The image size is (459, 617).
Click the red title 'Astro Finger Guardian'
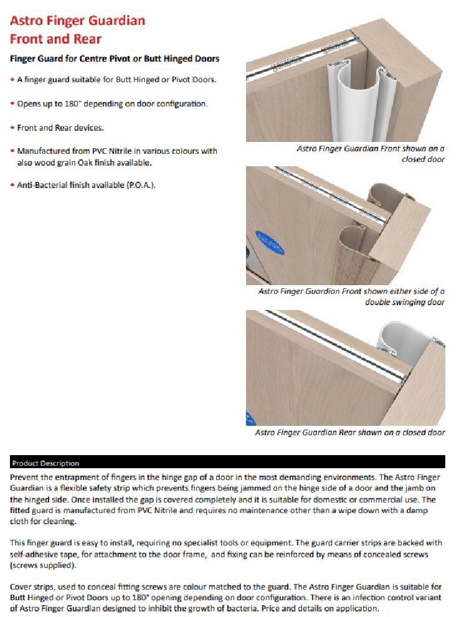click(78, 21)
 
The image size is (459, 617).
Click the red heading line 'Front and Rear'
click(56, 39)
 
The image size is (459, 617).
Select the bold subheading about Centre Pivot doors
click(115, 59)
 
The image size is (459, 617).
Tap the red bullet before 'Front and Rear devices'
click(12, 128)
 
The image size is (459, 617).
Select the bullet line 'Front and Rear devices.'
click(60, 128)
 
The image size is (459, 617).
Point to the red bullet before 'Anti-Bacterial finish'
click(12, 186)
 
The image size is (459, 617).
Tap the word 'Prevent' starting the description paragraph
click(26, 476)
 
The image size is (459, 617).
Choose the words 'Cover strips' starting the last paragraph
click(31, 587)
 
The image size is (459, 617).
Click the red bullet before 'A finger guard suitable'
click(12, 80)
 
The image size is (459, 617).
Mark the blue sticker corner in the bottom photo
click(250, 417)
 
